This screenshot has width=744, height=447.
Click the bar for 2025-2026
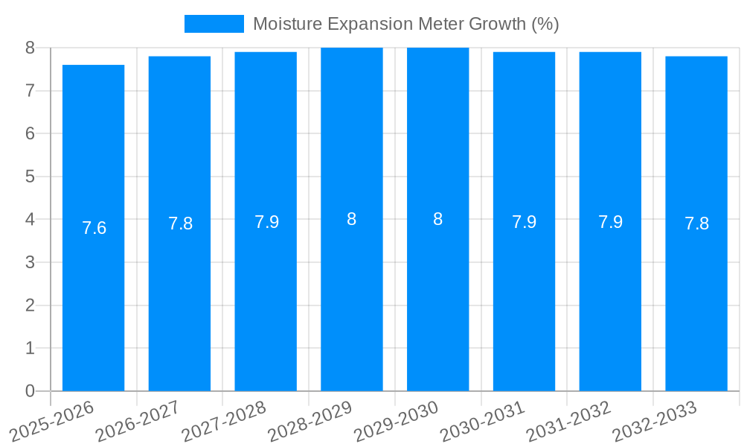[93, 298]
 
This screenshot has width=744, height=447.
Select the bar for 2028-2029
[352, 298]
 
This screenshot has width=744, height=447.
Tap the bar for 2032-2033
[696, 298]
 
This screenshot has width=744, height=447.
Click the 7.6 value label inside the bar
[94, 228]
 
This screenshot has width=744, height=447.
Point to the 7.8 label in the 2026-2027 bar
[180, 223]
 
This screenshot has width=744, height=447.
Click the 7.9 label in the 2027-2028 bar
[266, 222]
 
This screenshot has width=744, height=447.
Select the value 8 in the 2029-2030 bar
[438, 219]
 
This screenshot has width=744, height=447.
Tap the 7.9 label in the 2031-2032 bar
[610, 222]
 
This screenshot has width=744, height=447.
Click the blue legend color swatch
[214, 24]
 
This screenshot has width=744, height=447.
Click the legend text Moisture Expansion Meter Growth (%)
[405, 24]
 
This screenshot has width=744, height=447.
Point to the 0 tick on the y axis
[30, 391]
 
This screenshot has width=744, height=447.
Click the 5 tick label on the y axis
[30, 177]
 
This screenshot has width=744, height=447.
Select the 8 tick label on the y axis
[30, 48]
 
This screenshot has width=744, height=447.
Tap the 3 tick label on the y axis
[30, 262]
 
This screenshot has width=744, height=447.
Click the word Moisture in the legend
[283, 24]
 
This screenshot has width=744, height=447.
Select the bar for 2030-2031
[524, 298]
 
